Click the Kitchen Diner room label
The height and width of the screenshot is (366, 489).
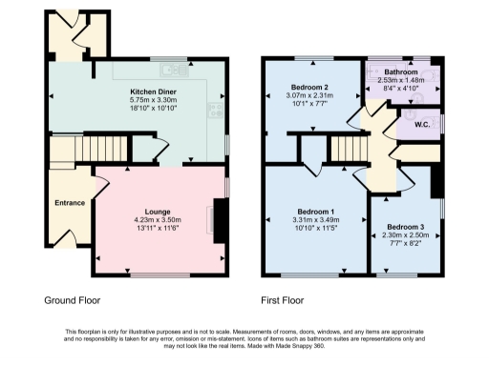[152, 92]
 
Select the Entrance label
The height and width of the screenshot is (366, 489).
[70, 203]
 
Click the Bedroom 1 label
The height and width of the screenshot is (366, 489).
[315, 211]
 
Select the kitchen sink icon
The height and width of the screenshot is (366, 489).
[173, 68]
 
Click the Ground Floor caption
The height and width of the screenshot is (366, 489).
[72, 299]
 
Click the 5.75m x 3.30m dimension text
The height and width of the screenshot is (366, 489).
[152, 101]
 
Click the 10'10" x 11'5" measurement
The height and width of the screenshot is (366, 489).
[315, 228]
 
